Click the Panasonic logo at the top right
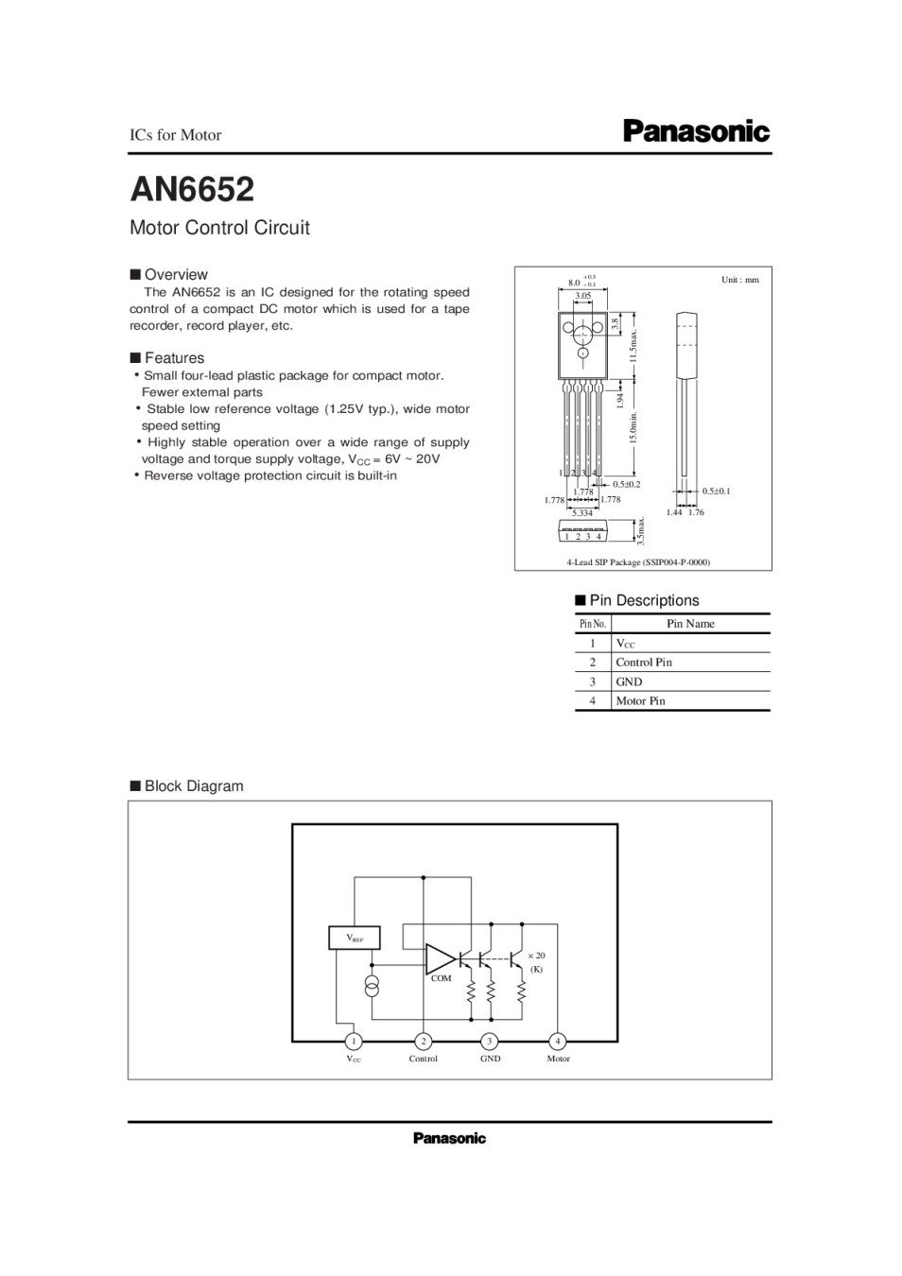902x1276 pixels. [x=696, y=132]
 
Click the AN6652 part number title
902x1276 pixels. [x=192, y=190]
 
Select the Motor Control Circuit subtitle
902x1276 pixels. [x=219, y=228]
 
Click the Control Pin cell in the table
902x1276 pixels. [x=643, y=663]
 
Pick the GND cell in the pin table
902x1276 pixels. [x=629, y=681]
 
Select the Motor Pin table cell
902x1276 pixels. [x=640, y=701]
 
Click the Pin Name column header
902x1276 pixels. [x=690, y=624]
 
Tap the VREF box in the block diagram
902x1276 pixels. [x=354, y=938]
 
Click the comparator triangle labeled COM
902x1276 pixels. [x=440, y=958]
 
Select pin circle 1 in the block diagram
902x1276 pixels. [x=353, y=1041]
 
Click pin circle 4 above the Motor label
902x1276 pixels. [x=558, y=1041]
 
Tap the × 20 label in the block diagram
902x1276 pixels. [x=536, y=956]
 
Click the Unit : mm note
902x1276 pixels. [x=739, y=280]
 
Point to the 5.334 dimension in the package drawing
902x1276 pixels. [x=582, y=512]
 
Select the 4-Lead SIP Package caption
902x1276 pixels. [x=638, y=562]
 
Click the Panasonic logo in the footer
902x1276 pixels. [x=449, y=1139]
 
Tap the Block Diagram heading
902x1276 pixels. [x=193, y=786]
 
